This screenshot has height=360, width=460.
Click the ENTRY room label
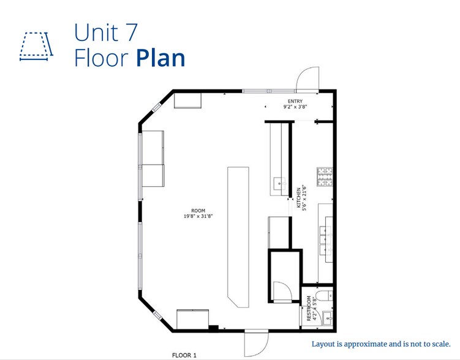pos(295,101)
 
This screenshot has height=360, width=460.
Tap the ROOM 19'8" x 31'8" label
pos(198,214)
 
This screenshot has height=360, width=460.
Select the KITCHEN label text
pos(299,198)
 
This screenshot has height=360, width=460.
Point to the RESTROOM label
pos(309,309)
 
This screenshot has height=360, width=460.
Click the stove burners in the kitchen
pos(325,177)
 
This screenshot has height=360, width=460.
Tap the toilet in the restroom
pos(324,296)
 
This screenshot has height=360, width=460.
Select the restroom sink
pos(328,318)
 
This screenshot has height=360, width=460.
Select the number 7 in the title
pos(132,32)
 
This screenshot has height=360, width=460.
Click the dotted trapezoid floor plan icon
pos(36,47)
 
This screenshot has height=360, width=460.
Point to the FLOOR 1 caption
pos(184,355)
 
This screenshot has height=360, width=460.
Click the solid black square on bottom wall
pos(213,328)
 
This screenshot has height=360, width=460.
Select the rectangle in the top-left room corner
pos(188,100)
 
